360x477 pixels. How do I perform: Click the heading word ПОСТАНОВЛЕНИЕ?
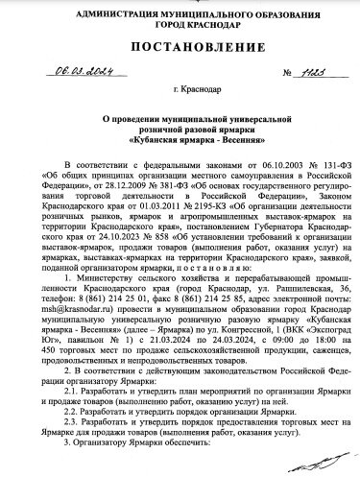click(x=180, y=47)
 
